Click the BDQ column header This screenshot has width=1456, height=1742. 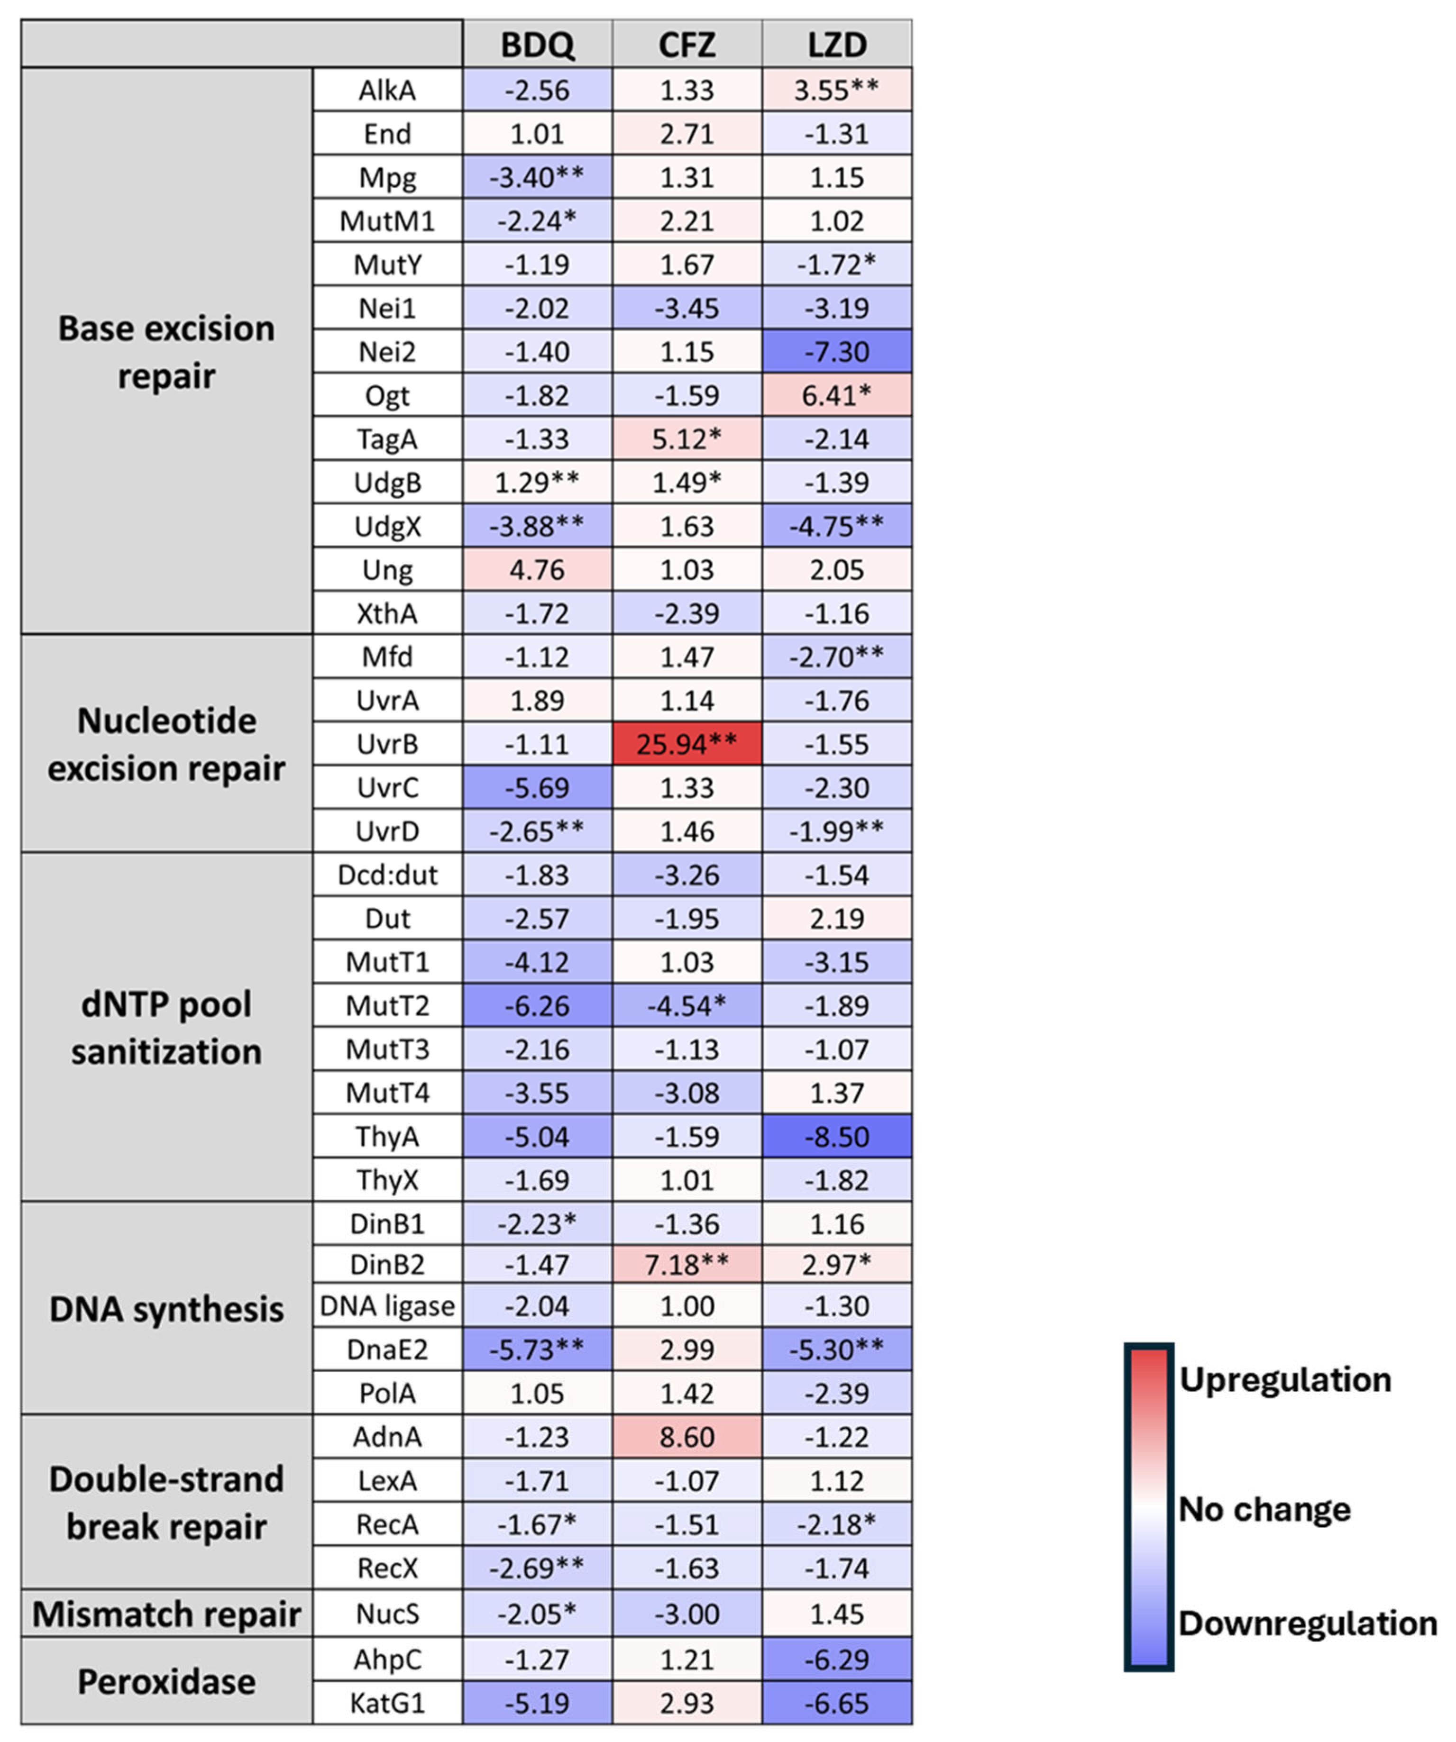(537, 44)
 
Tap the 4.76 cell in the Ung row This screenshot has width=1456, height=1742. (537, 570)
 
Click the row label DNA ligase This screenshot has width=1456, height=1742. (387, 1306)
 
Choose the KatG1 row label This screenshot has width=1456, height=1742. (387, 1704)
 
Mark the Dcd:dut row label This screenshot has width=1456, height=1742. (387, 875)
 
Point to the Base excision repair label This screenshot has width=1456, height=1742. (166, 352)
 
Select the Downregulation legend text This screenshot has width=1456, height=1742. (1307, 1623)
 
